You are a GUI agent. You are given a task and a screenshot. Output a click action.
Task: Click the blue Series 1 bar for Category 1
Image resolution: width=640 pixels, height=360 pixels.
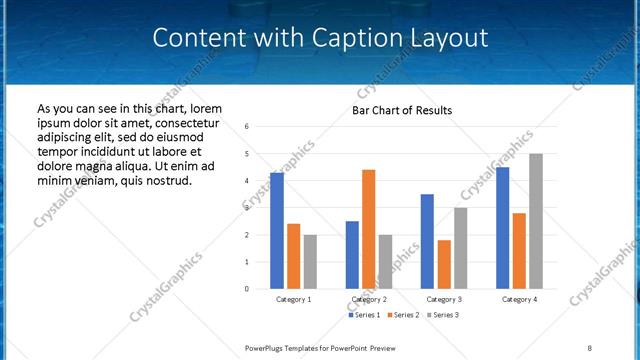tap(277, 231)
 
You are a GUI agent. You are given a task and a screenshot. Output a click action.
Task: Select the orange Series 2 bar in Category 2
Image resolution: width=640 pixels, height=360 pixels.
tap(368, 229)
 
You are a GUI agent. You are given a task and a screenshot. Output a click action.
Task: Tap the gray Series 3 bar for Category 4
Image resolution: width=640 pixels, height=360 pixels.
tap(536, 221)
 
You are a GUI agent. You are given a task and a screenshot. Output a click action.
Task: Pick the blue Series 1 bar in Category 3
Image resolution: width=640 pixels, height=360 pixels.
tap(427, 241)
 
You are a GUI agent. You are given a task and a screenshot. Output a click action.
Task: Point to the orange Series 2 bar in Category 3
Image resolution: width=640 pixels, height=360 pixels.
tap(443, 264)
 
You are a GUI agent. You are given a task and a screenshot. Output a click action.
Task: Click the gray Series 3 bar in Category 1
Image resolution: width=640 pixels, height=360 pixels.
tap(310, 262)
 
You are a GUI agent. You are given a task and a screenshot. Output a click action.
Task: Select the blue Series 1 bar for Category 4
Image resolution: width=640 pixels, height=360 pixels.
tap(502, 228)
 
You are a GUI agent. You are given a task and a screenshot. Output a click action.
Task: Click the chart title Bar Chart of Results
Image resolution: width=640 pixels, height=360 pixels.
tap(402, 110)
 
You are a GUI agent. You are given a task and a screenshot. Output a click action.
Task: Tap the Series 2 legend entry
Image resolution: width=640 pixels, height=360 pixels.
tap(402, 316)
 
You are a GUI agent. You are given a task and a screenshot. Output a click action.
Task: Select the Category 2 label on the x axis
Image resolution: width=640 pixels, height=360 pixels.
tap(368, 299)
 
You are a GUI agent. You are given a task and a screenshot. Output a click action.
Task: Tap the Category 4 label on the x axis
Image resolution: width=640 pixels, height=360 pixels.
tap(519, 299)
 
